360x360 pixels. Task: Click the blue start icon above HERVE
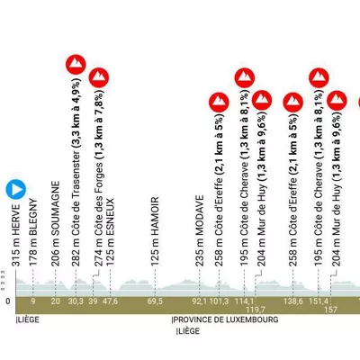16,189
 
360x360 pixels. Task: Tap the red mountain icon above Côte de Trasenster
76,65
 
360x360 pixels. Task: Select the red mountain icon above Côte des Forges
99,77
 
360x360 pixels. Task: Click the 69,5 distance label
155,301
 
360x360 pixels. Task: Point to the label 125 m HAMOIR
155,231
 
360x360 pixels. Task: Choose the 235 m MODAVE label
200,230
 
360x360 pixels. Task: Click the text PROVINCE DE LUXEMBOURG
225,319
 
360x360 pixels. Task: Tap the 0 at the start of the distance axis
8,301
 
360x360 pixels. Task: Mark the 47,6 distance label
110,301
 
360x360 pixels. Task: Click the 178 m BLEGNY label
33,232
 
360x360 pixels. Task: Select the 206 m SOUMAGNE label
55,223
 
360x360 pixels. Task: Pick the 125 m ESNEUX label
110,232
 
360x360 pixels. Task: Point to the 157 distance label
330,310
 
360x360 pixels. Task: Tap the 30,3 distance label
76,301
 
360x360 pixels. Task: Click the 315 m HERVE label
16,236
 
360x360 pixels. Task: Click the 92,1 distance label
200,301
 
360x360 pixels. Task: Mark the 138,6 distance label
293,301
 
